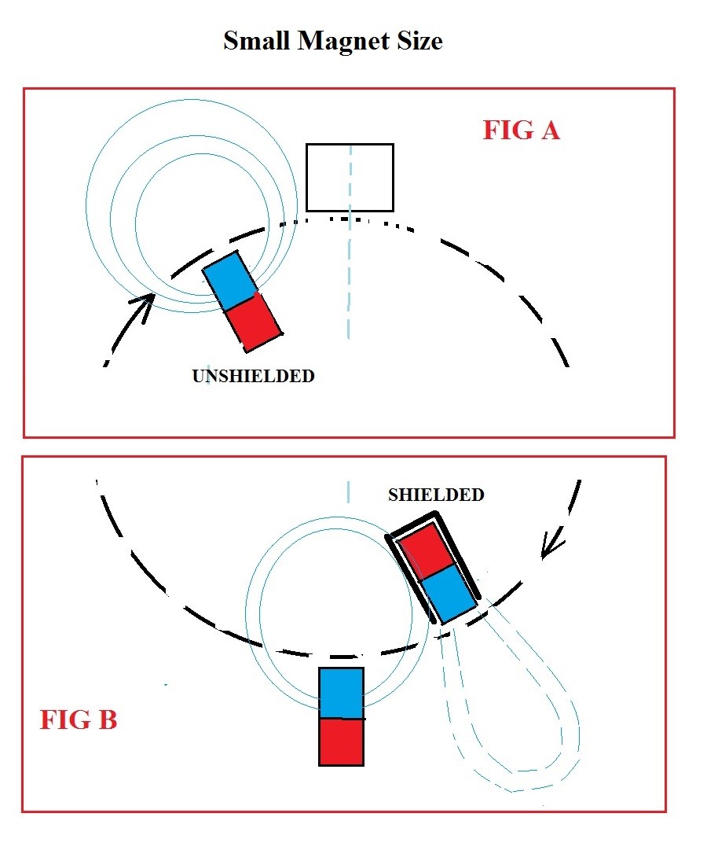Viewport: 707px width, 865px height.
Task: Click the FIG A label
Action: (x=522, y=131)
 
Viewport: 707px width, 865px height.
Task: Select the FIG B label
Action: (x=79, y=720)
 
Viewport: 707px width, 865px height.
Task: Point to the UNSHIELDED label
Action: (x=254, y=376)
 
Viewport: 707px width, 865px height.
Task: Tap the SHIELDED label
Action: (x=436, y=495)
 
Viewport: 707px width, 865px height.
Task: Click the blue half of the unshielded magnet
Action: (x=230, y=280)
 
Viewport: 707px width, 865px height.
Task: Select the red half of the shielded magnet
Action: (x=427, y=550)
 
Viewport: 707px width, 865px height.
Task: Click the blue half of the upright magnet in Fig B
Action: (x=342, y=694)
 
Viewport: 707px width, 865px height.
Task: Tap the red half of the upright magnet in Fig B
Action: (x=342, y=742)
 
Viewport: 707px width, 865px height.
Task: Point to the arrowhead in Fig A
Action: (x=145, y=306)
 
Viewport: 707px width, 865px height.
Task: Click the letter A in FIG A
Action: (x=550, y=131)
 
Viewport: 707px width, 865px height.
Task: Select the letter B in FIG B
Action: (x=108, y=720)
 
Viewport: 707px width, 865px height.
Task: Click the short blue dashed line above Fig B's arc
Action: (x=348, y=491)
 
